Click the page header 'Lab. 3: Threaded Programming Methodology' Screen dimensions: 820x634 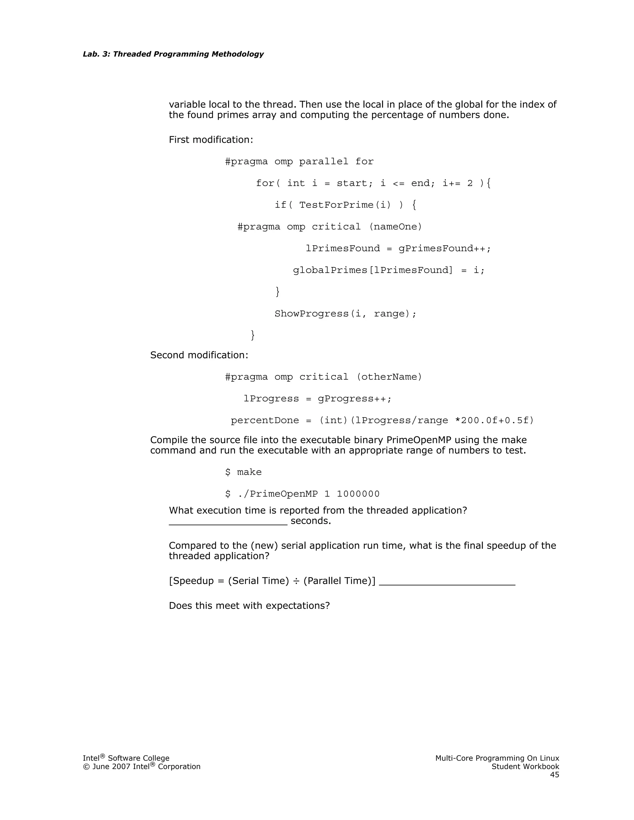click(173, 54)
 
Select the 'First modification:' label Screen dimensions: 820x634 click(211, 140)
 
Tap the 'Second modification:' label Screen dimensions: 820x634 click(199, 355)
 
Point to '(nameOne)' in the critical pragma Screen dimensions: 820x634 click(396, 227)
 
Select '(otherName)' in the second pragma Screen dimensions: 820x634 click(389, 377)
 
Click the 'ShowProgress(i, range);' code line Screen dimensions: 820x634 click(345, 314)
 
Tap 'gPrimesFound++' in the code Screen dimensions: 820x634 click(442, 248)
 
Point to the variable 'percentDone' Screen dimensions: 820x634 click(265, 421)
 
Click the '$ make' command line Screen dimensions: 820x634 click(243, 472)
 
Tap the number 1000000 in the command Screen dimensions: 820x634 click(358, 494)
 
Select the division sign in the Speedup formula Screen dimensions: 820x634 click(296, 581)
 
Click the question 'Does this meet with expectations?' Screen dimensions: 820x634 click(249, 606)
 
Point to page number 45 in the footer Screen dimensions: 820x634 click(554, 775)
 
